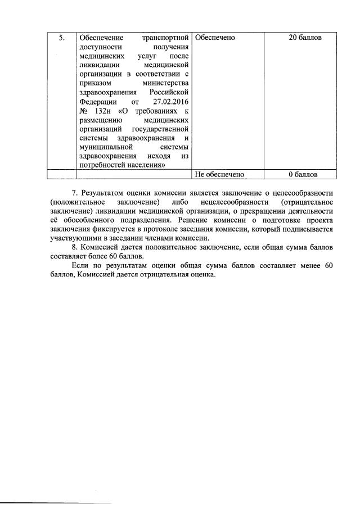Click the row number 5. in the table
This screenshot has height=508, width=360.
click(x=61, y=38)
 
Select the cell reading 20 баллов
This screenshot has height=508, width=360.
click(x=305, y=38)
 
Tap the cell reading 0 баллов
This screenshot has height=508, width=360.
click(x=305, y=174)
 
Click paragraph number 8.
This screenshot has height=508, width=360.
click(x=76, y=247)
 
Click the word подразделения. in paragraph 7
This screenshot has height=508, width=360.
click(x=140, y=220)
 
